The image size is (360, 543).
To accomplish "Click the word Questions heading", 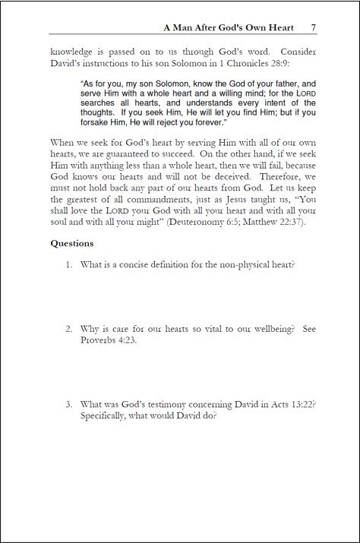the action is coord(72,244).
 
